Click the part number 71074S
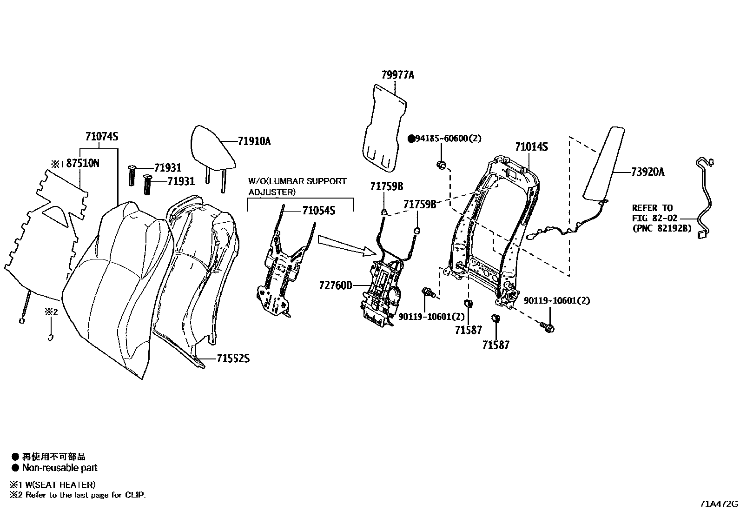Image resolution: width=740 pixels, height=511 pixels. pyautogui.click(x=102, y=137)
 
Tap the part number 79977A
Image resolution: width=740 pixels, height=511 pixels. pyautogui.click(x=397, y=75)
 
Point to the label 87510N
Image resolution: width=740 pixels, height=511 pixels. pyautogui.click(x=83, y=163)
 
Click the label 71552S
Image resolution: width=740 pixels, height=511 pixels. pyautogui.click(x=233, y=358)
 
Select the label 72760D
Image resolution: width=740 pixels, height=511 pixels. pyautogui.click(x=336, y=285)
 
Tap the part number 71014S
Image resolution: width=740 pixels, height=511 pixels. pyautogui.click(x=531, y=147)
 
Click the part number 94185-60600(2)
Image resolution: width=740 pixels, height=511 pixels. pyautogui.click(x=448, y=139)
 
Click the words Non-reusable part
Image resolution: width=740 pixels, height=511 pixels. pyautogui.click(x=60, y=468)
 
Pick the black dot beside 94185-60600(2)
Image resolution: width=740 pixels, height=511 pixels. pyautogui.click(x=411, y=139)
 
